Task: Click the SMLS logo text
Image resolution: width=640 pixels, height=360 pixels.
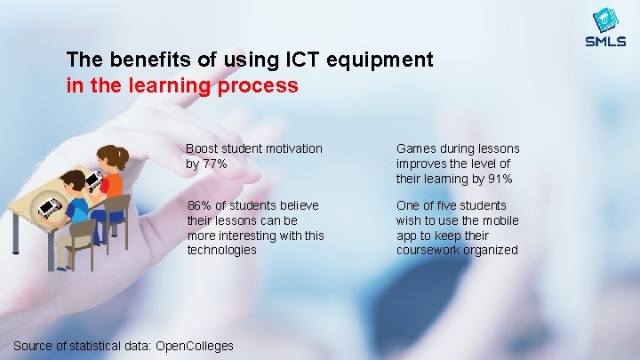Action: pyautogui.click(x=605, y=41)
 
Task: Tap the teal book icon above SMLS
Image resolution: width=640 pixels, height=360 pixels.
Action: pyautogui.click(x=605, y=20)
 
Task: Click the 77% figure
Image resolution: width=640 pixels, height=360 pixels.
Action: pyautogui.click(x=215, y=164)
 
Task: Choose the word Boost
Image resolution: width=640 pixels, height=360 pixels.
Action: pyautogui.click(x=203, y=148)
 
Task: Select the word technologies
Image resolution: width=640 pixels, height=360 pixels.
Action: pyautogui.click(x=221, y=250)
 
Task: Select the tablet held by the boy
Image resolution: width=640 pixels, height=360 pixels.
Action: pyautogui.click(x=50, y=208)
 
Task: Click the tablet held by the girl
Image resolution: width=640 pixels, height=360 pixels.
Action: pyautogui.click(x=93, y=180)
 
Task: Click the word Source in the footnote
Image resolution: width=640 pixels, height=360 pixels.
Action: pyautogui.click(x=35, y=345)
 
